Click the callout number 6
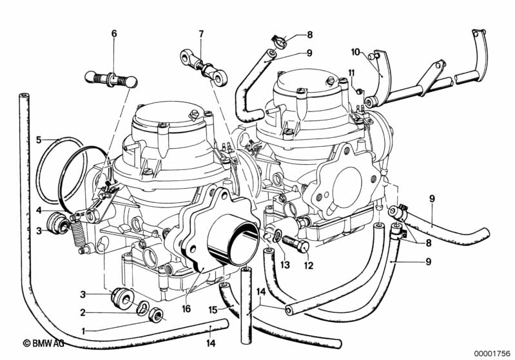(114, 33)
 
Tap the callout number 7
(201, 33)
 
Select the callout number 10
(355, 52)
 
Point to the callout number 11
(352, 73)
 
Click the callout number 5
(39, 140)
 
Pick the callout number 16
(186, 309)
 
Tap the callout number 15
(213, 310)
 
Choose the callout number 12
(309, 265)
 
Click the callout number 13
(285, 265)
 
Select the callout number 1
(83, 332)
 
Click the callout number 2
(83, 313)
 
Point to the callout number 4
(39, 210)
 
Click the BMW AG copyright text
(43, 343)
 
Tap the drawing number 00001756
(492, 354)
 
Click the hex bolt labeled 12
(296, 243)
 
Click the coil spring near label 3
(77, 232)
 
